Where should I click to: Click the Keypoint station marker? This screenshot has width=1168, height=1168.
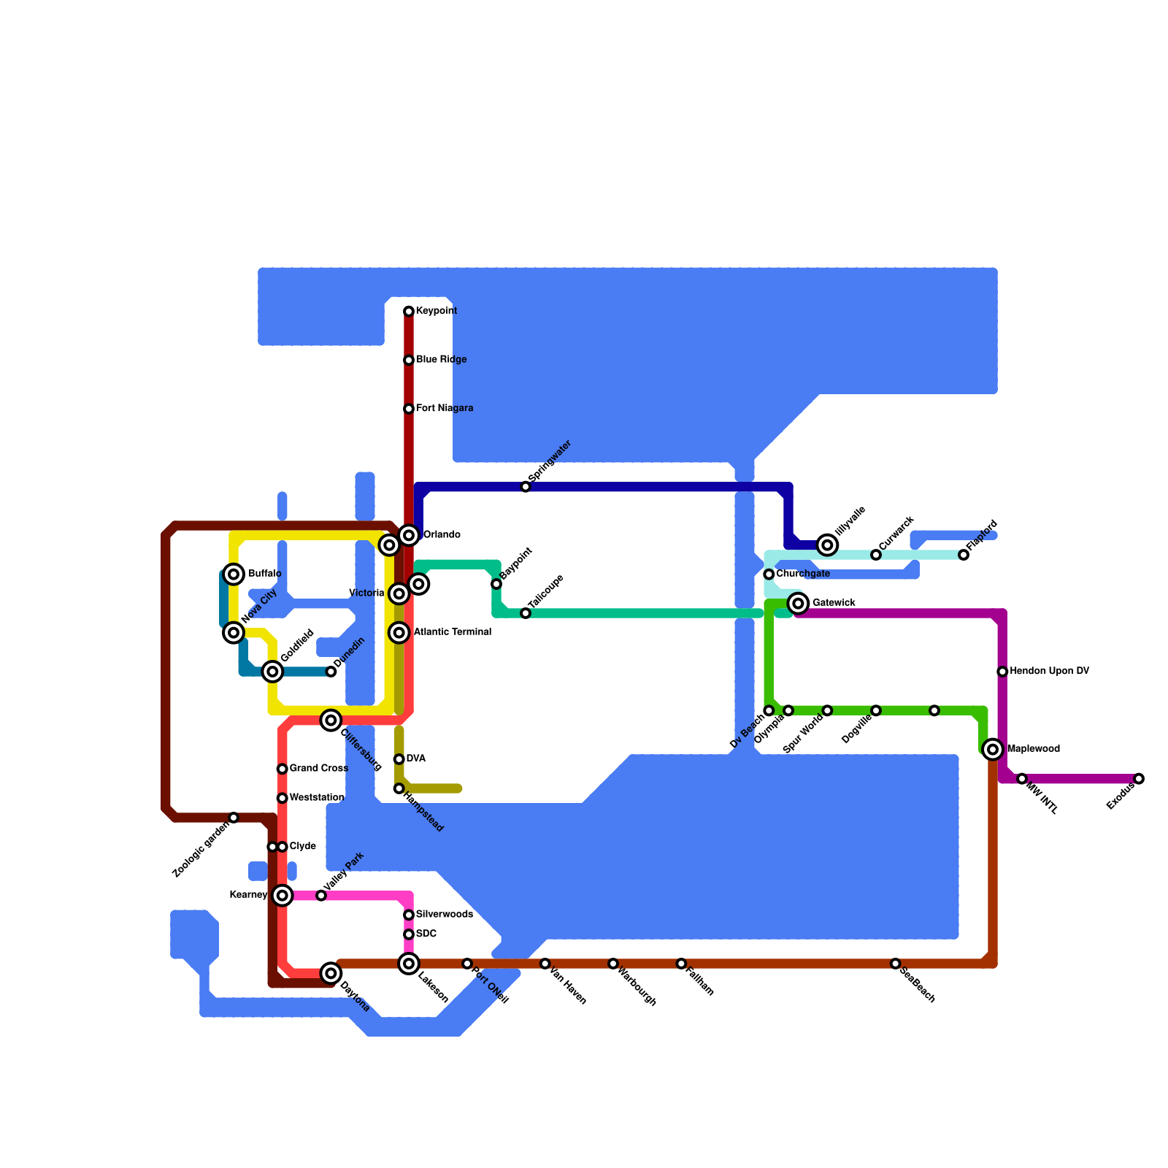[x=409, y=312]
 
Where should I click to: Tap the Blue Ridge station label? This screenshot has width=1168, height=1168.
[x=441, y=360]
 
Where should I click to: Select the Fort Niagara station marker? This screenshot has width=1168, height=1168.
[x=409, y=409]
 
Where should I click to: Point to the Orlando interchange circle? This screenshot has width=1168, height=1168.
[x=409, y=535]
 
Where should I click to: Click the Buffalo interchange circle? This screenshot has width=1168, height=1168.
[x=234, y=575]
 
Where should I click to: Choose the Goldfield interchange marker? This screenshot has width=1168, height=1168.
[x=272, y=672]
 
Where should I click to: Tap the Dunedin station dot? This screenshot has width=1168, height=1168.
[x=331, y=672]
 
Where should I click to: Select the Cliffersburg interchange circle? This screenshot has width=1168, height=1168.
[x=331, y=721]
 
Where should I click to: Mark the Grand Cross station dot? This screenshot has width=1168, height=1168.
[x=282, y=769]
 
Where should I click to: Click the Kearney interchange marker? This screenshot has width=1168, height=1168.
[x=283, y=895]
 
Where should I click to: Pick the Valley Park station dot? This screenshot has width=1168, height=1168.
[x=321, y=895]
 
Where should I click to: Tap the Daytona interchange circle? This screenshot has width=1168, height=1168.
[x=331, y=973]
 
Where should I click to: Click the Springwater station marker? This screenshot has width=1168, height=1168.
[x=526, y=487]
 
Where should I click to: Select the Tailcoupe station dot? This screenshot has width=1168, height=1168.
[x=526, y=613]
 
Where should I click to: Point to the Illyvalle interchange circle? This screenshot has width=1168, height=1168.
[x=827, y=545]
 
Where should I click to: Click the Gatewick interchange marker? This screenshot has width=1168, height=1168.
[x=799, y=603]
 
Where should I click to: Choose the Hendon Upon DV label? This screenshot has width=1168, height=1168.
[x=1049, y=672]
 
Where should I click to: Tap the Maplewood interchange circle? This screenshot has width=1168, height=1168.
[x=993, y=749]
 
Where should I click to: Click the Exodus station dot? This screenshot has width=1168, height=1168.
[x=1139, y=779]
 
